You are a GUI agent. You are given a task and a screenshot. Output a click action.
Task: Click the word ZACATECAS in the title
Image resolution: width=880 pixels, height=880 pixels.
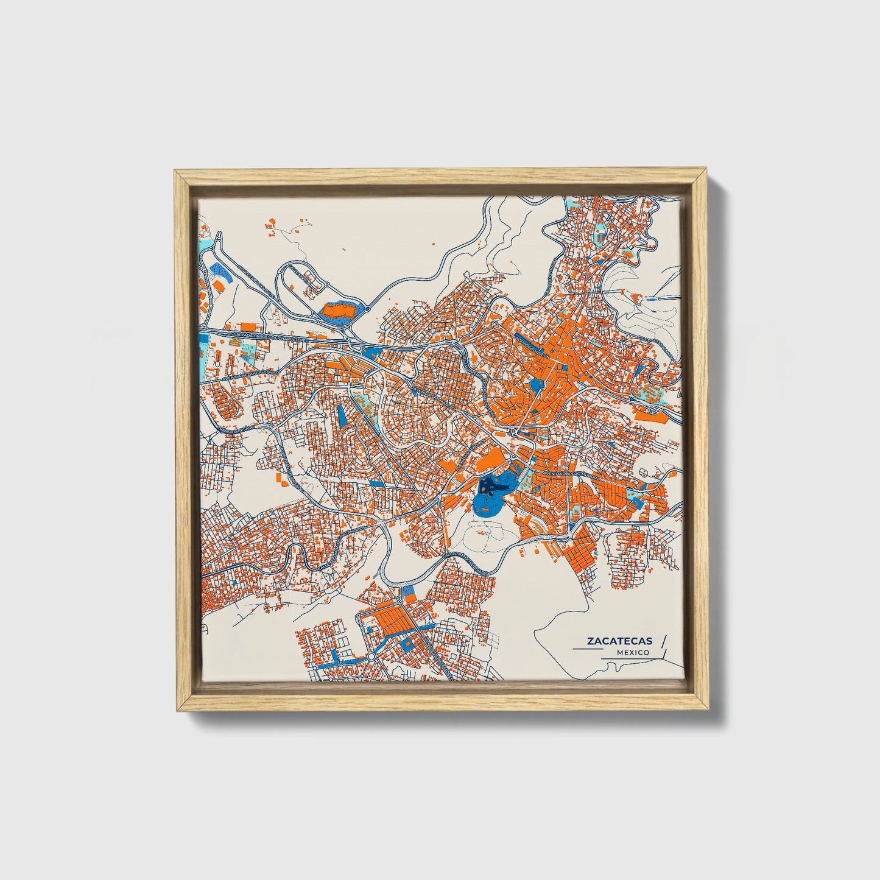pyautogui.click(x=619, y=641)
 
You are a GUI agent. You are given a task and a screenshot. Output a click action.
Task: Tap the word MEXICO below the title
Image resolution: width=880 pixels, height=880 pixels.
pyautogui.click(x=632, y=652)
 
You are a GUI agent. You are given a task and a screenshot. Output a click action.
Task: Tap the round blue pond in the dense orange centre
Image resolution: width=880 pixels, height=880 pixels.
pyautogui.click(x=537, y=385)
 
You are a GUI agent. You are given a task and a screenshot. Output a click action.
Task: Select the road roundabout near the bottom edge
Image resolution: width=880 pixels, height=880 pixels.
pyautogui.click(x=371, y=658)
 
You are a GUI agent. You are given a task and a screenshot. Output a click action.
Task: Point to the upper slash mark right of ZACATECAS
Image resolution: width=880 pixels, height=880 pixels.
pyautogui.click(x=663, y=641)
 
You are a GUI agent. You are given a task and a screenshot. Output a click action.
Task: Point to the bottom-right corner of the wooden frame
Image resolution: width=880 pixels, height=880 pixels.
pyautogui.click(x=708, y=710)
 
